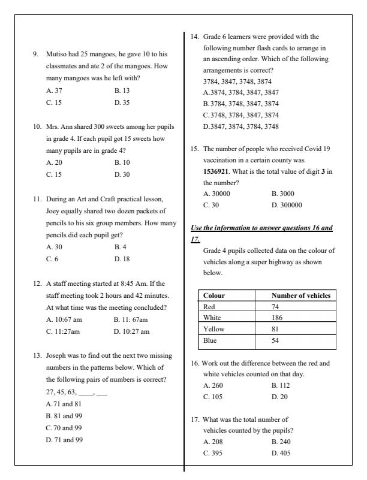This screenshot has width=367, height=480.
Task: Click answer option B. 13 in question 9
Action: click(x=122, y=90)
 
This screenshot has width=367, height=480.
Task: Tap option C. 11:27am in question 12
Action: click(x=63, y=331)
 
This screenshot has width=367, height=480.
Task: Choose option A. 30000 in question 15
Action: click(x=216, y=194)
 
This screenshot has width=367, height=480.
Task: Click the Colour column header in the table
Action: click(x=214, y=295)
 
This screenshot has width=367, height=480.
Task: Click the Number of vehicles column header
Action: click(x=300, y=295)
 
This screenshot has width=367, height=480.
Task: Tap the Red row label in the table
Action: click(x=209, y=306)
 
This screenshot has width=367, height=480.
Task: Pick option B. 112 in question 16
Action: click(x=281, y=385)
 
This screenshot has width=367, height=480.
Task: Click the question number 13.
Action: click(x=37, y=355)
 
